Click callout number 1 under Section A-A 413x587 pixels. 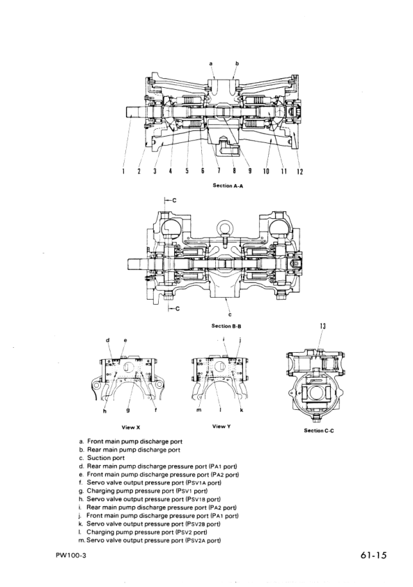coord(124,171)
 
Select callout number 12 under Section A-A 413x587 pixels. coord(301,171)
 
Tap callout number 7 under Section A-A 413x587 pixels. coord(219,171)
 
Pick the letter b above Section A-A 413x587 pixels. coord(237,63)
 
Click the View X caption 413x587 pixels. coord(132,425)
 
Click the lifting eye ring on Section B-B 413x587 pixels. coord(227,227)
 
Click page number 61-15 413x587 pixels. coord(374,556)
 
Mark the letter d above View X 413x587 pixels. coord(108,340)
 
